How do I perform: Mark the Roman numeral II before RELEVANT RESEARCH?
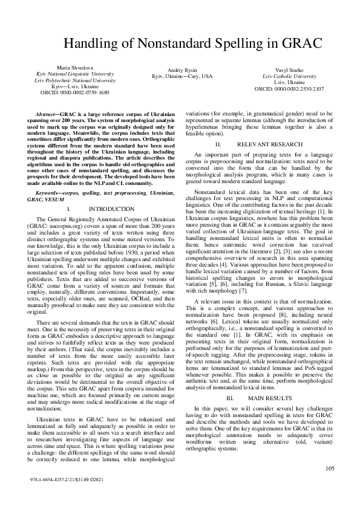[x=218, y=145]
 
